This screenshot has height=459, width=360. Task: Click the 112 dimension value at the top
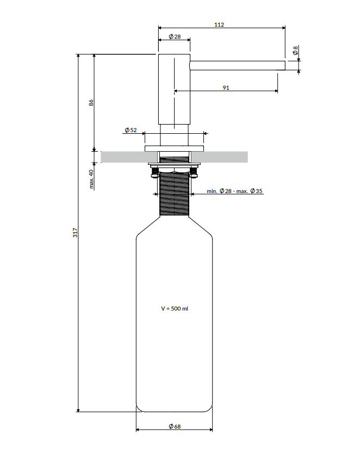click(219, 24)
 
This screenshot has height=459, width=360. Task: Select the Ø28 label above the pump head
click(175, 36)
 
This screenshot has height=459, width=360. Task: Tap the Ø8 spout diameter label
click(295, 51)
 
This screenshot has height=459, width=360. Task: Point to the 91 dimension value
click(226, 88)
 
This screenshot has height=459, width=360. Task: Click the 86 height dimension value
click(91, 103)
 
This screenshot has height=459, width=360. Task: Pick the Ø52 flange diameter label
click(131, 130)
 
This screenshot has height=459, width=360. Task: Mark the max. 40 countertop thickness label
click(91, 179)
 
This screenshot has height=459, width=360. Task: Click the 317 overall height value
click(75, 232)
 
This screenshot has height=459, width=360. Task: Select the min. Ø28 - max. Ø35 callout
click(234, 191)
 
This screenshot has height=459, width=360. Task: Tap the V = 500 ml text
click(175, 308)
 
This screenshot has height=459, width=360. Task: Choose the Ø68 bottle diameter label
click(175, 426)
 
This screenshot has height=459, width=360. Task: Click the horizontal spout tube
click(238, 66)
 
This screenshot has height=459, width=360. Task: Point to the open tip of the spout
click(285, 66)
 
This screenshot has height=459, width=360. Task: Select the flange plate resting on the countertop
click(174, 148)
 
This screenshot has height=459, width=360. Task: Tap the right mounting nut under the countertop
click(194, 173)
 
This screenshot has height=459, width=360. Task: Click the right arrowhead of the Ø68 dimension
click(210, 430)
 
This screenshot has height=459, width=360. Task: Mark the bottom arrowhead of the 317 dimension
click(78, 410)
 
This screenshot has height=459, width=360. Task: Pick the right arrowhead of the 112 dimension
click(283, 28)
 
